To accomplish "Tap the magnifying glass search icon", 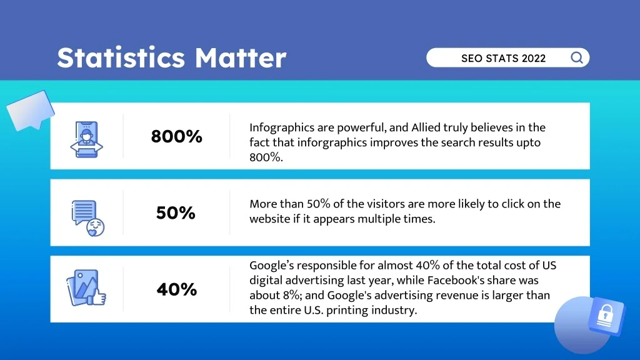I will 577,58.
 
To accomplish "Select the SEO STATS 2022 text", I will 503,59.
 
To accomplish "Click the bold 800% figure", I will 176,136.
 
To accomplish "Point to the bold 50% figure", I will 176,213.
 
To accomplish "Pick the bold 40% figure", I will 176,289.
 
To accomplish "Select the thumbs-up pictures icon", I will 86,289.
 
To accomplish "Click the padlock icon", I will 604,317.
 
